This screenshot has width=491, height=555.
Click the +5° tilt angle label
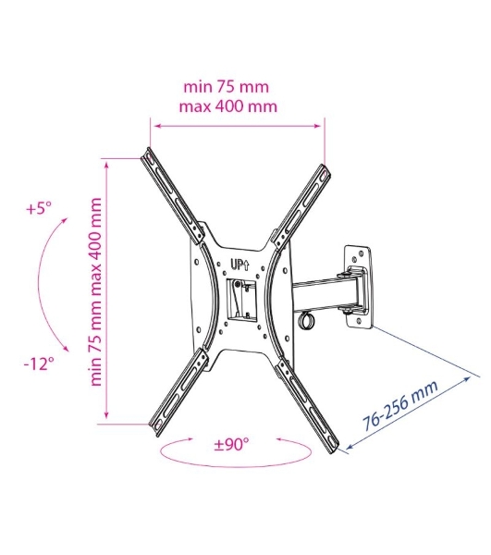pyautogui.click(x=39, y=208)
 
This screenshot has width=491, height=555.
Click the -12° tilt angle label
pyautogui.click(x=39, y=364)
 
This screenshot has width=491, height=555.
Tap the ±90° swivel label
pyautogui.click(x=232, y=444)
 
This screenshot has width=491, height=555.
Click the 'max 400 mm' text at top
pyautogui.click(x=228, y=106)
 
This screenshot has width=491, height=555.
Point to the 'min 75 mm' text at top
pyautogui.click(x=227, y=87)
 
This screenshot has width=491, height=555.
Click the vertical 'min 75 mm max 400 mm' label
pyautogui.click(x=95, y=292)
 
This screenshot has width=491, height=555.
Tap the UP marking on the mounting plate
pyautogui.click(x=240, y=264)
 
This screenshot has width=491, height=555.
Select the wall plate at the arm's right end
pyautogui.click(x=358, y=286)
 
